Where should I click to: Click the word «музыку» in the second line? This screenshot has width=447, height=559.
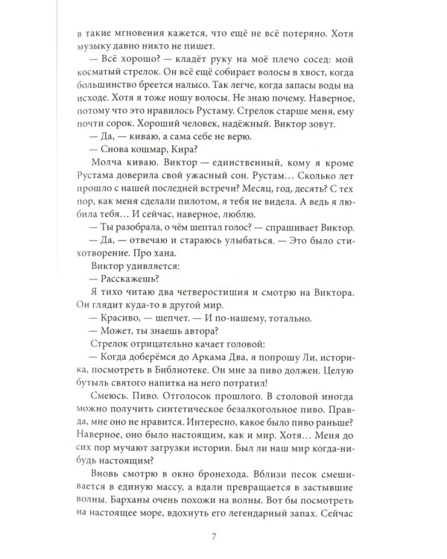click(98, 51)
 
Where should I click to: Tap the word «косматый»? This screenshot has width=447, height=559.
click(104, 82)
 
